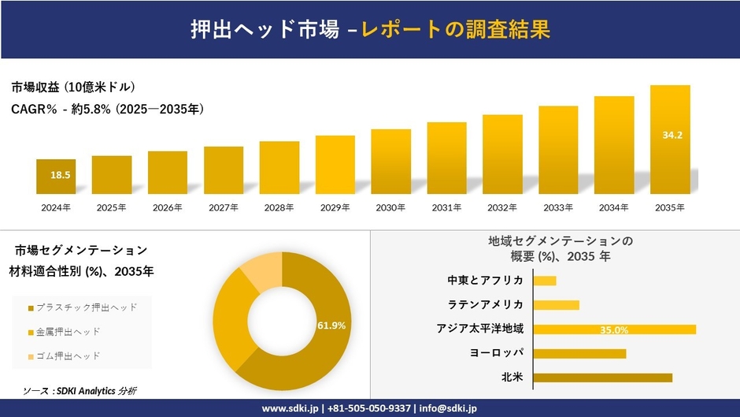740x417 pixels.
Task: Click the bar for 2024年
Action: pos(56,177)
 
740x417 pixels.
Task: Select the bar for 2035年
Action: pos(670,140)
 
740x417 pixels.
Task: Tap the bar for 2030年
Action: pos(390,162)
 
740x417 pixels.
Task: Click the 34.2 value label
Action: pos(672,136)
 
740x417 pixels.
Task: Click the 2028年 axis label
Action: pos(279,208)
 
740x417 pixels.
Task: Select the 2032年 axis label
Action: pos(502,208)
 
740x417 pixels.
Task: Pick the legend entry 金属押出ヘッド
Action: pos(68,332)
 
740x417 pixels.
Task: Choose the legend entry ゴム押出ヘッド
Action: pos(68,356)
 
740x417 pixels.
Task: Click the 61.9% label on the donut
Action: pos(332,325)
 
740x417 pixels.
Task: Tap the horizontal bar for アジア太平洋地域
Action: pos(614,330)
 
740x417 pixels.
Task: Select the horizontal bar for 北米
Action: pos(602,378)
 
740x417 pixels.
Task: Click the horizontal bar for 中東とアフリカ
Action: pos(545,281)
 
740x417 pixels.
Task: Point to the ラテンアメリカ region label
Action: pos(486,305)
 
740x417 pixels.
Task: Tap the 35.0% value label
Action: pos(614,330)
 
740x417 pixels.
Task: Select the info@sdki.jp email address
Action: pos(447,408)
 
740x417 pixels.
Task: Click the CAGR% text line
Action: pos(108,110)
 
